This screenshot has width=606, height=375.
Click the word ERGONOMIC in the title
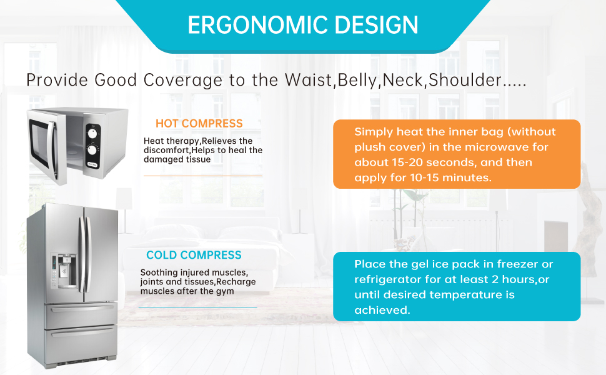pos(250,25)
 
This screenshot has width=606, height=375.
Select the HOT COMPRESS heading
pos(199,123)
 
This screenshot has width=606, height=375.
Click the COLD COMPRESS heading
pos(194,255)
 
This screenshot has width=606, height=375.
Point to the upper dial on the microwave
pos(93,132)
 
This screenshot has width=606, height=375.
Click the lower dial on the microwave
pos(93,150)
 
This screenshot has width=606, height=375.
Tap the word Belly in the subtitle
pos(358,81)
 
